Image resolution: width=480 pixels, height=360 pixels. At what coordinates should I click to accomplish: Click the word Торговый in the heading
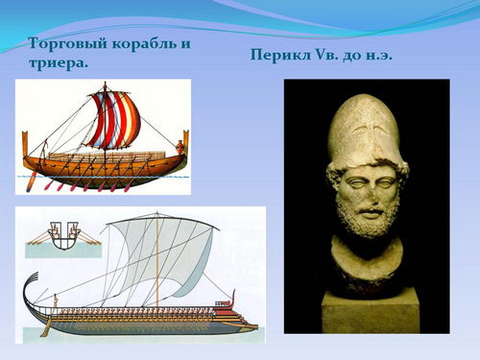pos(67,44)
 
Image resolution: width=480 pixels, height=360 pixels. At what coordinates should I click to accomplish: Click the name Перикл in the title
pos(279,55)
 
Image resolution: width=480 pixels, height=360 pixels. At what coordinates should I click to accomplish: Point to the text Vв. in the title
pos(326,55)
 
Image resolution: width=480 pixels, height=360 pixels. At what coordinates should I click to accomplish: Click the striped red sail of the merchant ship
pos(112,119)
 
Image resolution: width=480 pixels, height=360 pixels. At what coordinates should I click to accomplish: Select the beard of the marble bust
pos(367,218)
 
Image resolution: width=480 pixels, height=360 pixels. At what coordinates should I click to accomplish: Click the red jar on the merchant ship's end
pos(180,147)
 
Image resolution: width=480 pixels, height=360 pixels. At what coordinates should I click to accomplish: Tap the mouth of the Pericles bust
pos(372,212)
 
